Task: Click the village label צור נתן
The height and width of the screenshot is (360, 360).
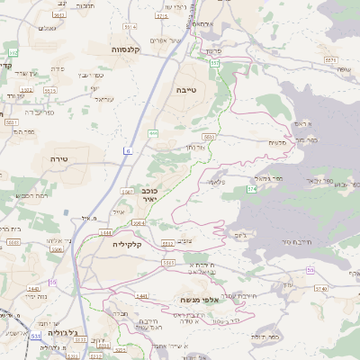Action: click(198, 146)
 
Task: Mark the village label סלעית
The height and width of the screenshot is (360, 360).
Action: click(276, 141)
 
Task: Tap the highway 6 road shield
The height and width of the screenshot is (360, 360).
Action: click(129, 151)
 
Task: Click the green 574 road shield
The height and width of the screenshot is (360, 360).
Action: click(253, 189)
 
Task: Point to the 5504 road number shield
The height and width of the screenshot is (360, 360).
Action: click(138, 223)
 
